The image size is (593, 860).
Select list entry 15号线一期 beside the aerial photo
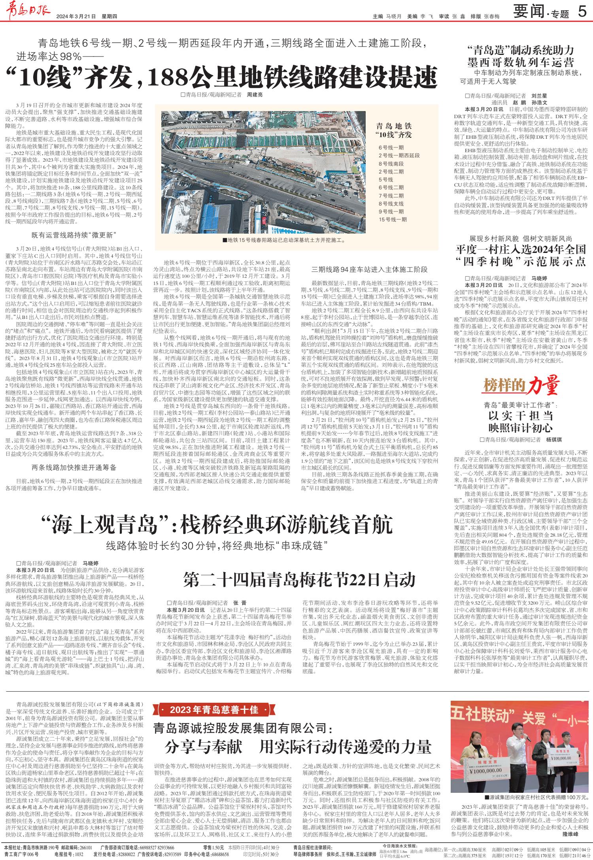(393, 219)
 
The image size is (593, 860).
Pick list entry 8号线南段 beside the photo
(391, 164)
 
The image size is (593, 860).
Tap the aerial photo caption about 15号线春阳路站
(284, 240)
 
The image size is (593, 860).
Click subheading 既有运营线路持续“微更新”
(74, 236)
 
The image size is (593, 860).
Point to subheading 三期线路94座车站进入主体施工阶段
(370, 270)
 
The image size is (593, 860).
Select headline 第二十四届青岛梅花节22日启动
(299, 579)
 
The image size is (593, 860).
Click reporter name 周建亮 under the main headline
(255, 95)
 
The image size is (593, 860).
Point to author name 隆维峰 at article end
(570, 834)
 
